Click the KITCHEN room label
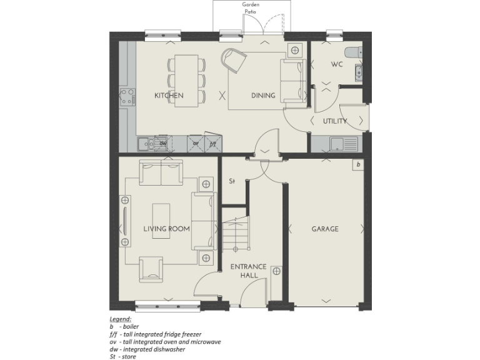169,96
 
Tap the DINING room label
263,96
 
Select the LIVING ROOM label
166,229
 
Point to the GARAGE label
325,229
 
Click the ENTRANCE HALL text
248,271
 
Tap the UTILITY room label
335,121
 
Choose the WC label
337,64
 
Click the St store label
231,182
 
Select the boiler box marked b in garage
358,165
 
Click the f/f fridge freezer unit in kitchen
212,143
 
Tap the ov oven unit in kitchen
196,143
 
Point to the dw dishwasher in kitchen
162,143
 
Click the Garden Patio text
251,8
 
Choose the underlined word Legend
120,319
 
